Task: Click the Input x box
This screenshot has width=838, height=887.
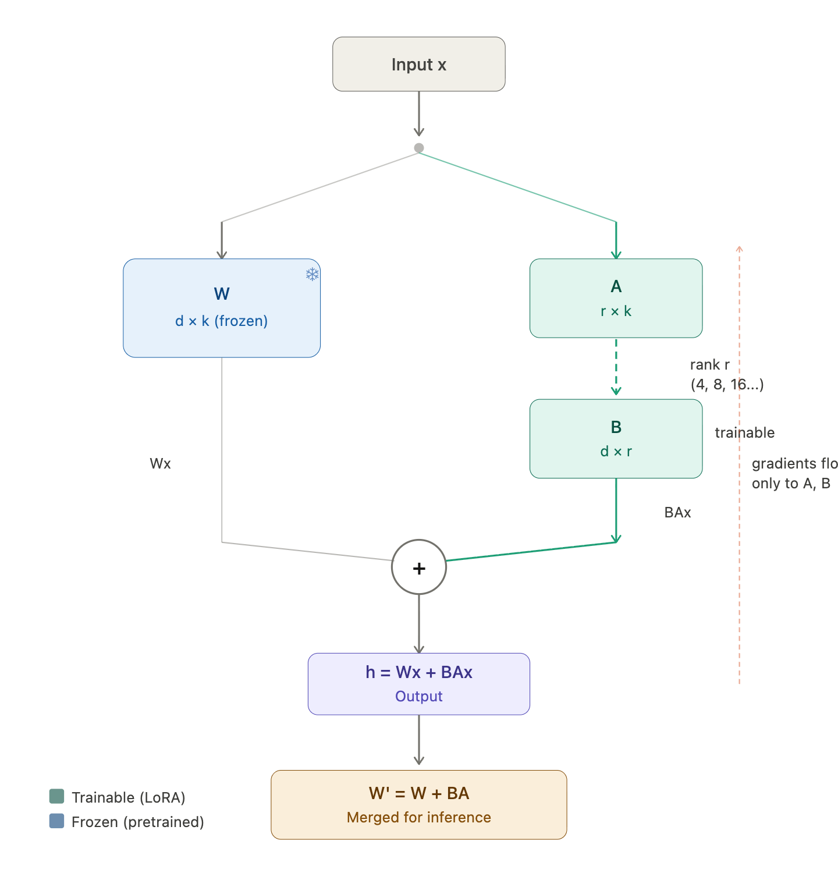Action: (x=418, y=64)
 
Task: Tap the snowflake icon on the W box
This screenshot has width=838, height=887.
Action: (x=313, y=274)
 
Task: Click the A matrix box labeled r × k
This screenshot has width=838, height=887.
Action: (x=616, y=298)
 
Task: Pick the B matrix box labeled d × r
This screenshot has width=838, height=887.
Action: (x=616, y=438)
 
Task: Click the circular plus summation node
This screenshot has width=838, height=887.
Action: (x=419, y=567)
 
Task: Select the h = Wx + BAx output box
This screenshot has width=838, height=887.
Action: (x=418, y=683)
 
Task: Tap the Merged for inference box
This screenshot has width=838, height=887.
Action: (x=418, y=804)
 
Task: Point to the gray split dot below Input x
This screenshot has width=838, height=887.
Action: (x=419, y=148)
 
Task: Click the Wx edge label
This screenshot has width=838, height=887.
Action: (x=160, y=463)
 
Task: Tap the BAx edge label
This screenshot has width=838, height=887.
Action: (x=677, y=512)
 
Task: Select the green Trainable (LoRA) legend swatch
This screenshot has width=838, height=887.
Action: (x=57, y=796)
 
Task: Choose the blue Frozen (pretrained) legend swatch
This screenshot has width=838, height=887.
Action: (x=57, y=821)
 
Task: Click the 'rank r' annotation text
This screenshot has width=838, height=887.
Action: (x=709, y=365)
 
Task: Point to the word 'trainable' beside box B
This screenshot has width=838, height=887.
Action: (x=744, y=432)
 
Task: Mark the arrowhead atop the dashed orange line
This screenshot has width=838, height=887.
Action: (x=739, y=249)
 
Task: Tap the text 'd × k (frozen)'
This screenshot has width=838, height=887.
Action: (x=222, y=321)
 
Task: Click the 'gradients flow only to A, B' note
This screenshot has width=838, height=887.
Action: (x=793, y=473)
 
